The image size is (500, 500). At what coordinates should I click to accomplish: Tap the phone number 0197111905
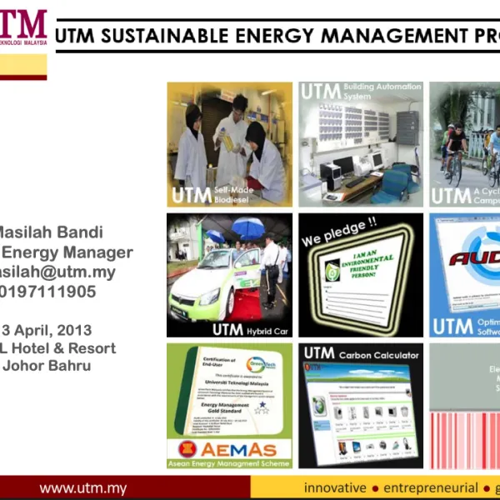pos(50,292)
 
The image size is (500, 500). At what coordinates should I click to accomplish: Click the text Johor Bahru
pos(46,365)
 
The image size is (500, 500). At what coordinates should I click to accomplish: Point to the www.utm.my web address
pos(83,487)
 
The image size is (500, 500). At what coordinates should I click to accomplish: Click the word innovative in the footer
pos(334,487)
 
